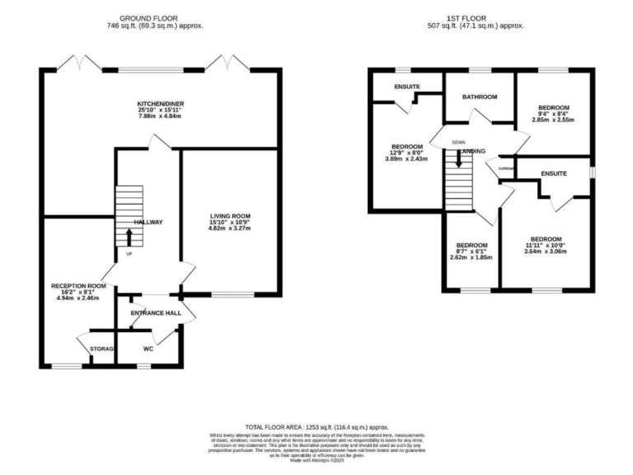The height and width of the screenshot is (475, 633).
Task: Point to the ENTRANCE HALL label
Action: coord(155,313)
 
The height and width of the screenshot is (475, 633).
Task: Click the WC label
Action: coord(148,349)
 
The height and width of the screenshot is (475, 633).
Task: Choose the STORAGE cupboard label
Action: coord(101,349)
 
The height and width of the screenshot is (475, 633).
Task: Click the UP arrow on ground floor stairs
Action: coord(129,237)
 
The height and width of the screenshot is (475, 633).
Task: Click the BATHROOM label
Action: coord(480,97)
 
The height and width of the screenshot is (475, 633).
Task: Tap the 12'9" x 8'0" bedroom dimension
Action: coord(406,153)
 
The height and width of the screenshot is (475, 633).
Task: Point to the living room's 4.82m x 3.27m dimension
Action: coord(229,228)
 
